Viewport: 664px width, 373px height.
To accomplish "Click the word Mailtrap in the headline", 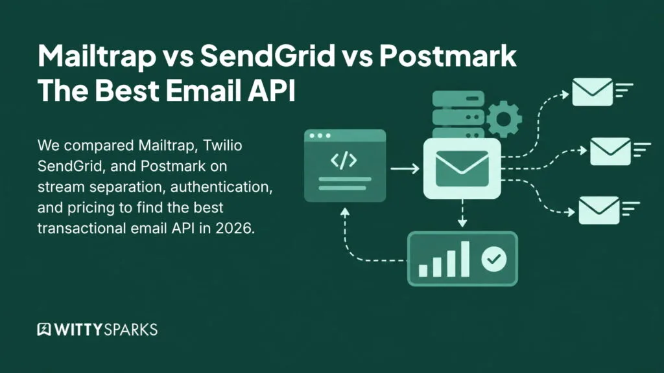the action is (97, 56).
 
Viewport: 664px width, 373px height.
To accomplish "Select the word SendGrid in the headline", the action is (268, 55).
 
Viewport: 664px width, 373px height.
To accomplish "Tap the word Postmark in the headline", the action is (448, 55).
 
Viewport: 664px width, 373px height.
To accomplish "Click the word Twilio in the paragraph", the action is (223, 146).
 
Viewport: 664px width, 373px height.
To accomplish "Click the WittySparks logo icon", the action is (44, 330).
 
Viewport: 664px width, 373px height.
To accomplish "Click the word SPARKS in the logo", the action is (131, 330).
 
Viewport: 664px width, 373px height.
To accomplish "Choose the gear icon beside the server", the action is (503, 119).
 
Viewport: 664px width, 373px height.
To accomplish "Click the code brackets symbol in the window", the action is (344, 161).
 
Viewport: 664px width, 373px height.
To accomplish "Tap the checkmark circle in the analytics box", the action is (493, 259).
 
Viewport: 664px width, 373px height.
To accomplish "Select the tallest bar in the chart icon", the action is (465, 259).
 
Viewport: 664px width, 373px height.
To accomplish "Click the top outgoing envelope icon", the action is (592, 92).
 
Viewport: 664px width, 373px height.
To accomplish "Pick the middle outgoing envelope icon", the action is (610, 152).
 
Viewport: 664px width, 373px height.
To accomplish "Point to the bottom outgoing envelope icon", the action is (599, 210).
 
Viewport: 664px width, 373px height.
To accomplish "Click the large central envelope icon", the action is (462, 169).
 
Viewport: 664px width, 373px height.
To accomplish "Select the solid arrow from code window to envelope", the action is (405, 169).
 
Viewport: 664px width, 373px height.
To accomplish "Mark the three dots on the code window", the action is (320, 136).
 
